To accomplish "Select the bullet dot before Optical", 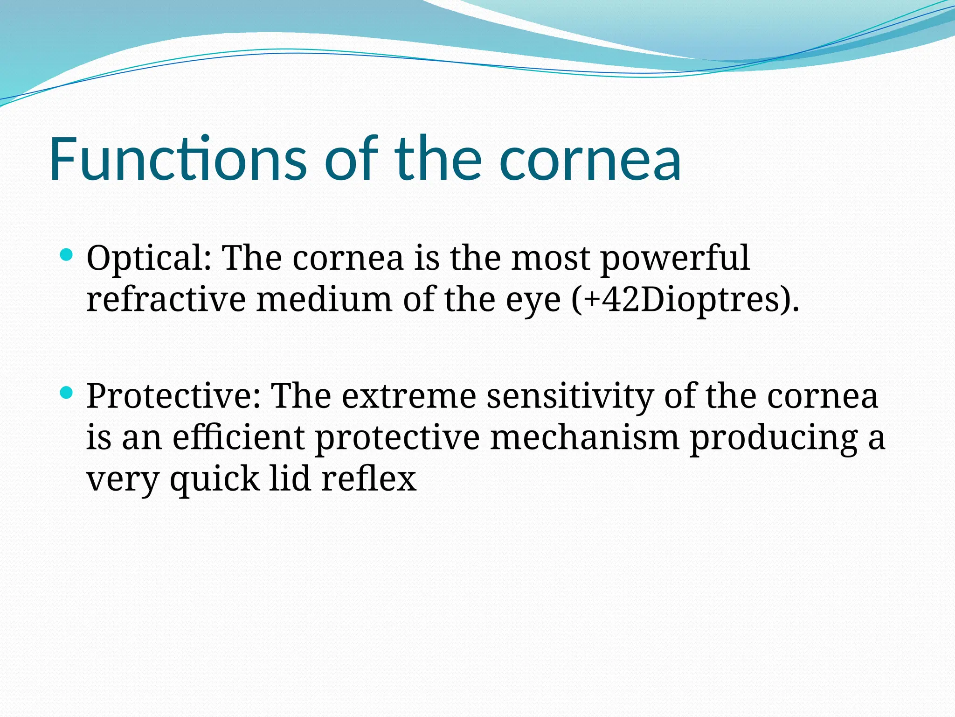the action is click(67, 254).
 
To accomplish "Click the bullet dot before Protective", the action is click(67, 393).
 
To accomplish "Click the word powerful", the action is click(675, 259).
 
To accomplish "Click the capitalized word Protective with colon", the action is click(173, 396).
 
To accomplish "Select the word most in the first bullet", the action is click(550, 260).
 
